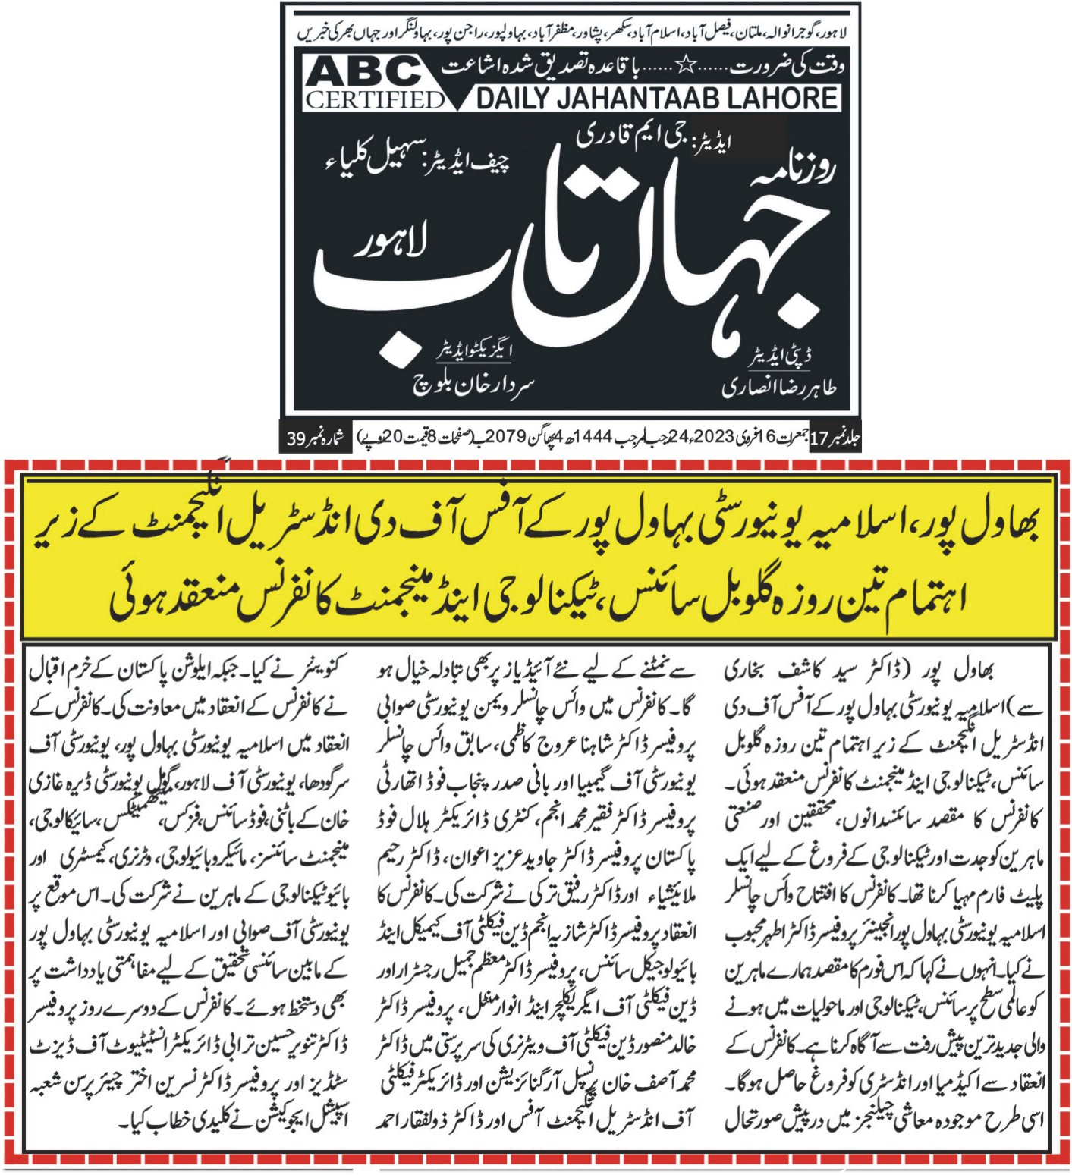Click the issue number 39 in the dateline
297,438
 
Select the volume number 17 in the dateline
819,438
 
